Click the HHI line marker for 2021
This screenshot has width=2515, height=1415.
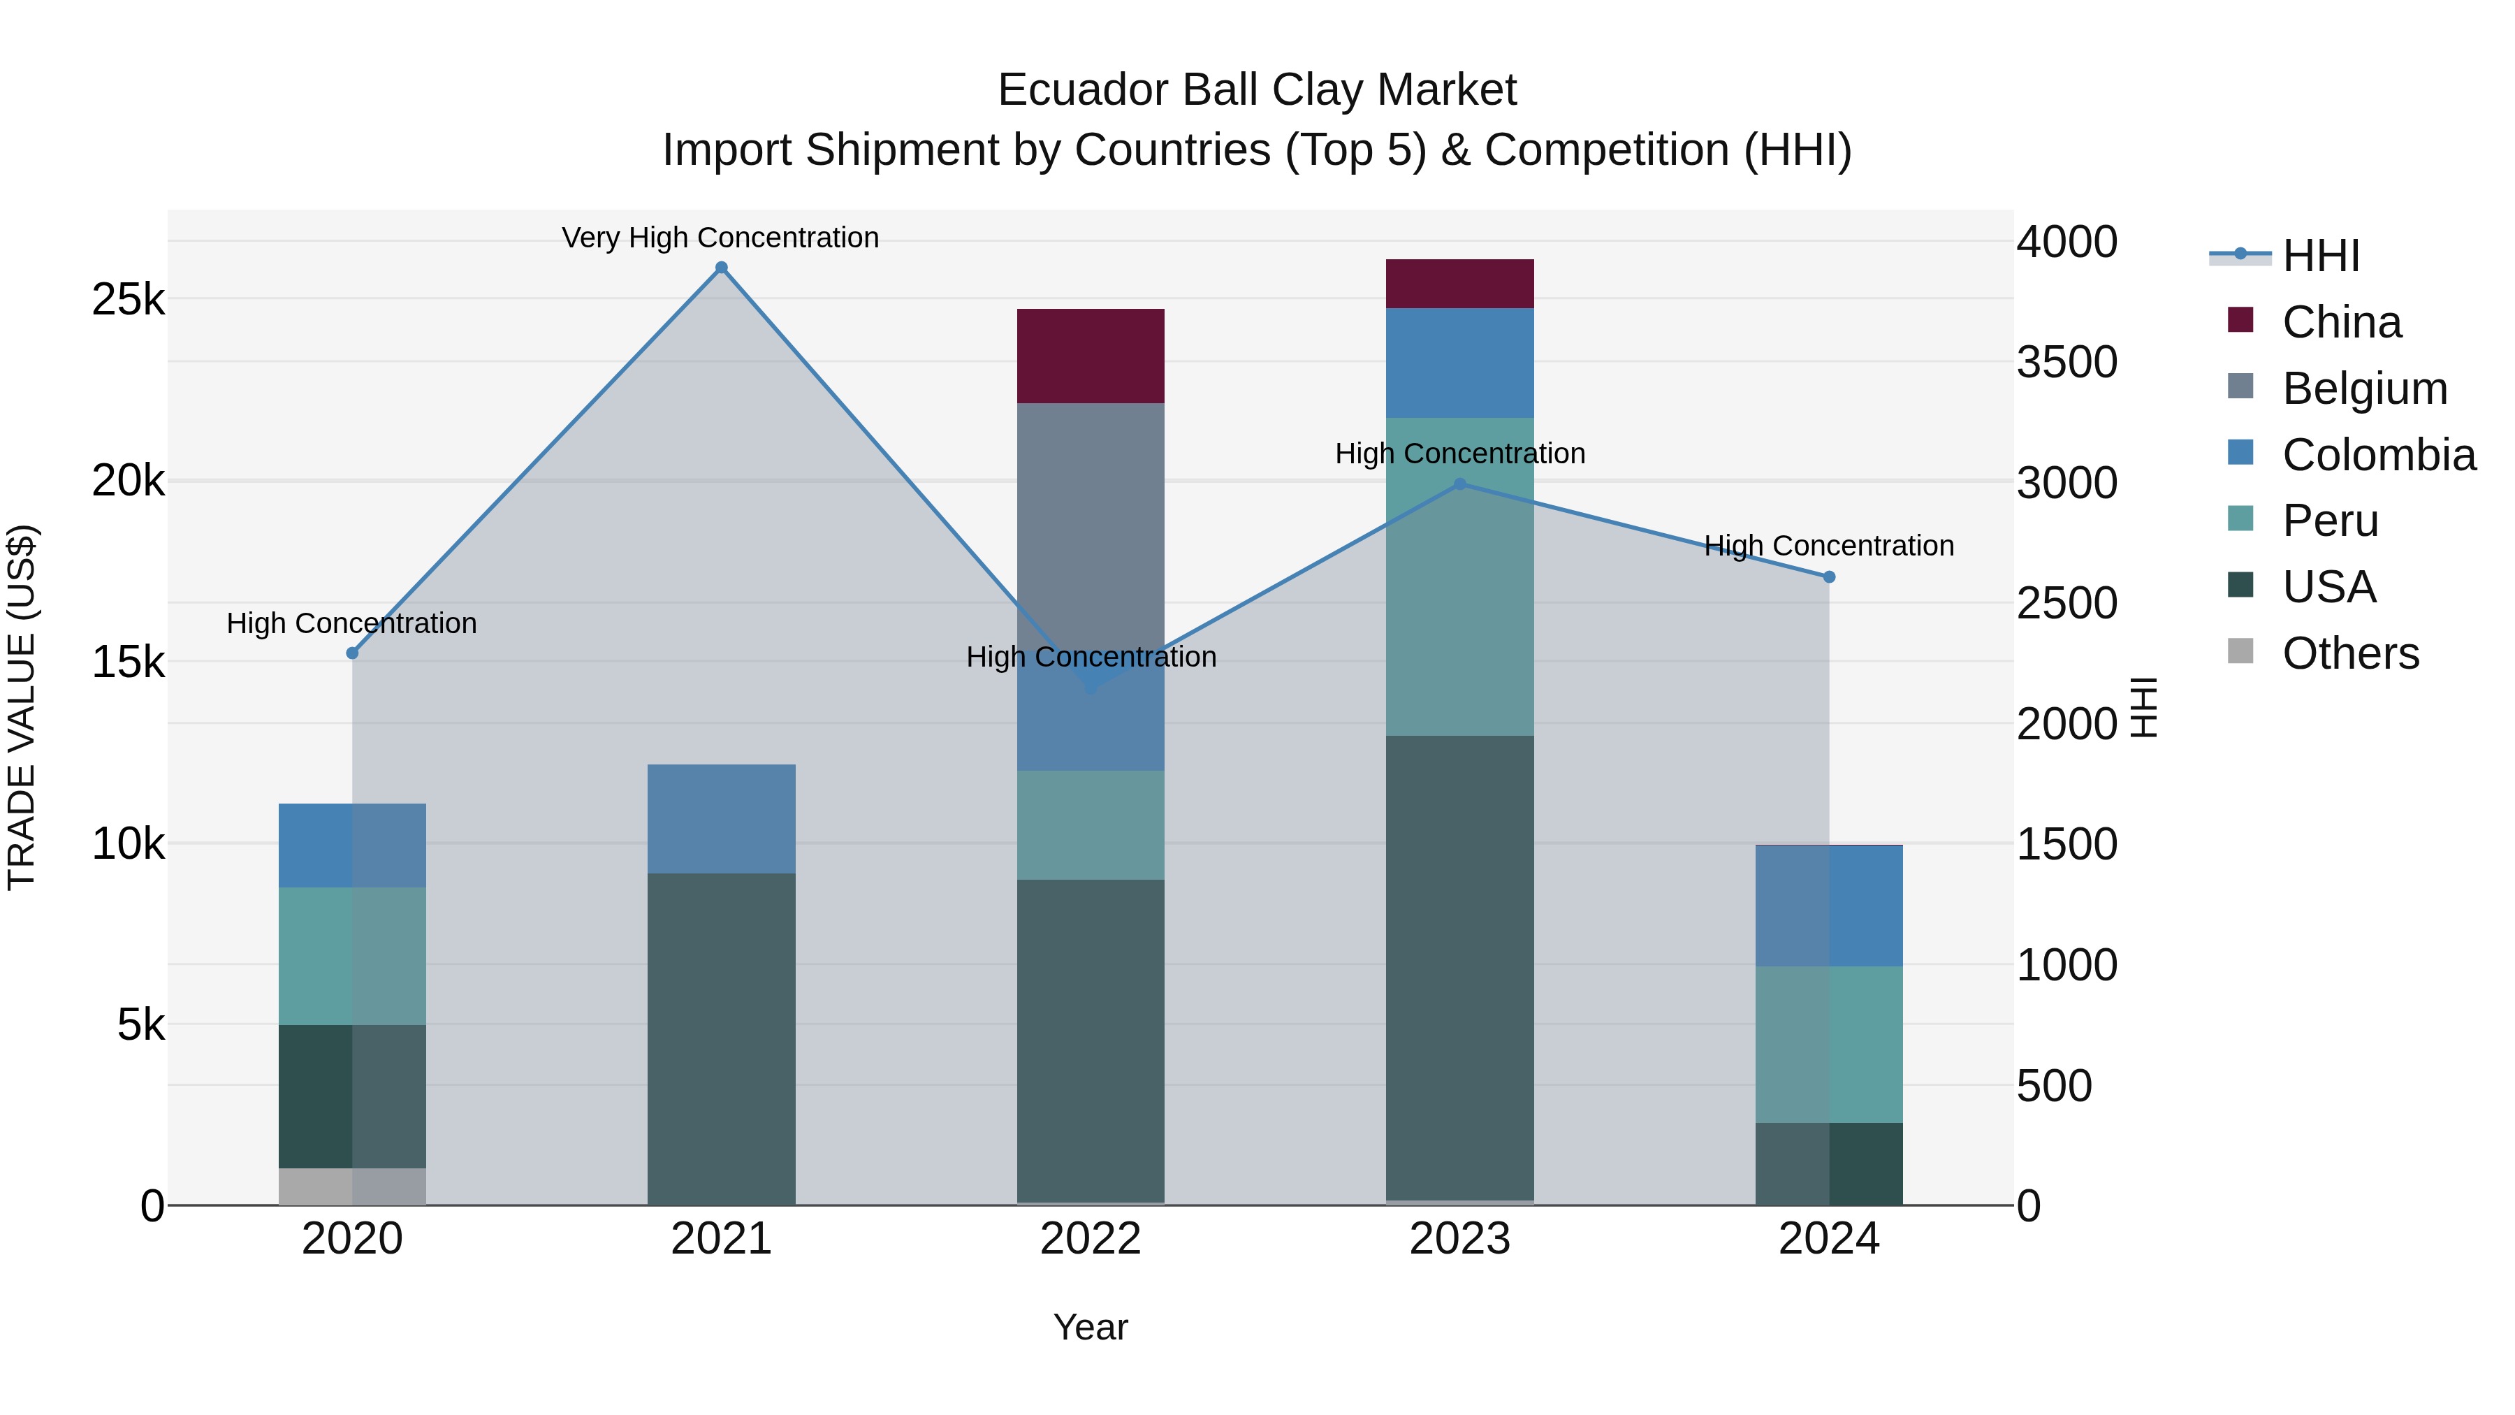[722, 268]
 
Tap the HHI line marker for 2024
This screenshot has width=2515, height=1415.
[1830, 577]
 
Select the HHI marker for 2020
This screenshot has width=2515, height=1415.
[353, 653]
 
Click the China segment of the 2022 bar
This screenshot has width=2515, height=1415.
[1091, 356]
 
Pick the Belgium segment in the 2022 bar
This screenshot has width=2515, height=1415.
[1091, 528]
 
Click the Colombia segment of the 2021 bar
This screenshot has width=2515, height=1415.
[722, 818]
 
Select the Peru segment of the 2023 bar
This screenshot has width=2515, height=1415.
[1459, 576]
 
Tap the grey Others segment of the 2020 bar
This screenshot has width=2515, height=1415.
[353, 1187]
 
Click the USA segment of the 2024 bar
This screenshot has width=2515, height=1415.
[1830, 1164]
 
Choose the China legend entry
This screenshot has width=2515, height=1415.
[2341, 322]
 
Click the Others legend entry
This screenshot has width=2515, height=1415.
[2350, 653]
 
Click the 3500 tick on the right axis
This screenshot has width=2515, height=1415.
[2067, 362]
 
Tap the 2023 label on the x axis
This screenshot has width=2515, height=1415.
[1459, 1239]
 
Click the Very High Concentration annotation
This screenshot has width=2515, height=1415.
[720, 238]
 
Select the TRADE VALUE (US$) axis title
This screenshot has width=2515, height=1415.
[22, 707]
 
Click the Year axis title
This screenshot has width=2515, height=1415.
[1091, 1327]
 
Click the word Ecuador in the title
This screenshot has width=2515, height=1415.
[1083, 90]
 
